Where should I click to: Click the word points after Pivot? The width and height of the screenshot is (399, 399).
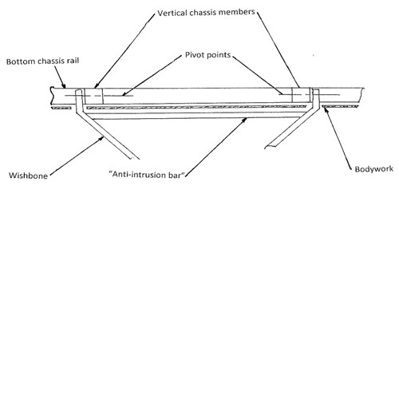[219, 55]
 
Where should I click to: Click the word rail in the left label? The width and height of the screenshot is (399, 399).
[73, 61]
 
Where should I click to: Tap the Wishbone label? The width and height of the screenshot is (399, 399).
[28, 176]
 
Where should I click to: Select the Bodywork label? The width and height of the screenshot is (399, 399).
[374, 169]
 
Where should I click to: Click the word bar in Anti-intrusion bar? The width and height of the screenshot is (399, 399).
[177, 175]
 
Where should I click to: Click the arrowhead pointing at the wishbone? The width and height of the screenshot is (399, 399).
[101, 138]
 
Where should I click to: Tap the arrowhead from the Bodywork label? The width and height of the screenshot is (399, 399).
[326, 109]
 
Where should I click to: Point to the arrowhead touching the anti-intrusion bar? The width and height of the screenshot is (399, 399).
[244, 120]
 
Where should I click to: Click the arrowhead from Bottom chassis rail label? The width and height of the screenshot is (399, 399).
[63, 85]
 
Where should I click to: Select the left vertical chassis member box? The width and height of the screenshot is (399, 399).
[93, 96]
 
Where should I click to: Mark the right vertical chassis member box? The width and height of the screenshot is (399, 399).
[301, 95]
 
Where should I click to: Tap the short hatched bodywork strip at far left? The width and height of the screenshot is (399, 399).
[61, 108]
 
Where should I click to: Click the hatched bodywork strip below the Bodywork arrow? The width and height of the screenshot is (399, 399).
[340, 106]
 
